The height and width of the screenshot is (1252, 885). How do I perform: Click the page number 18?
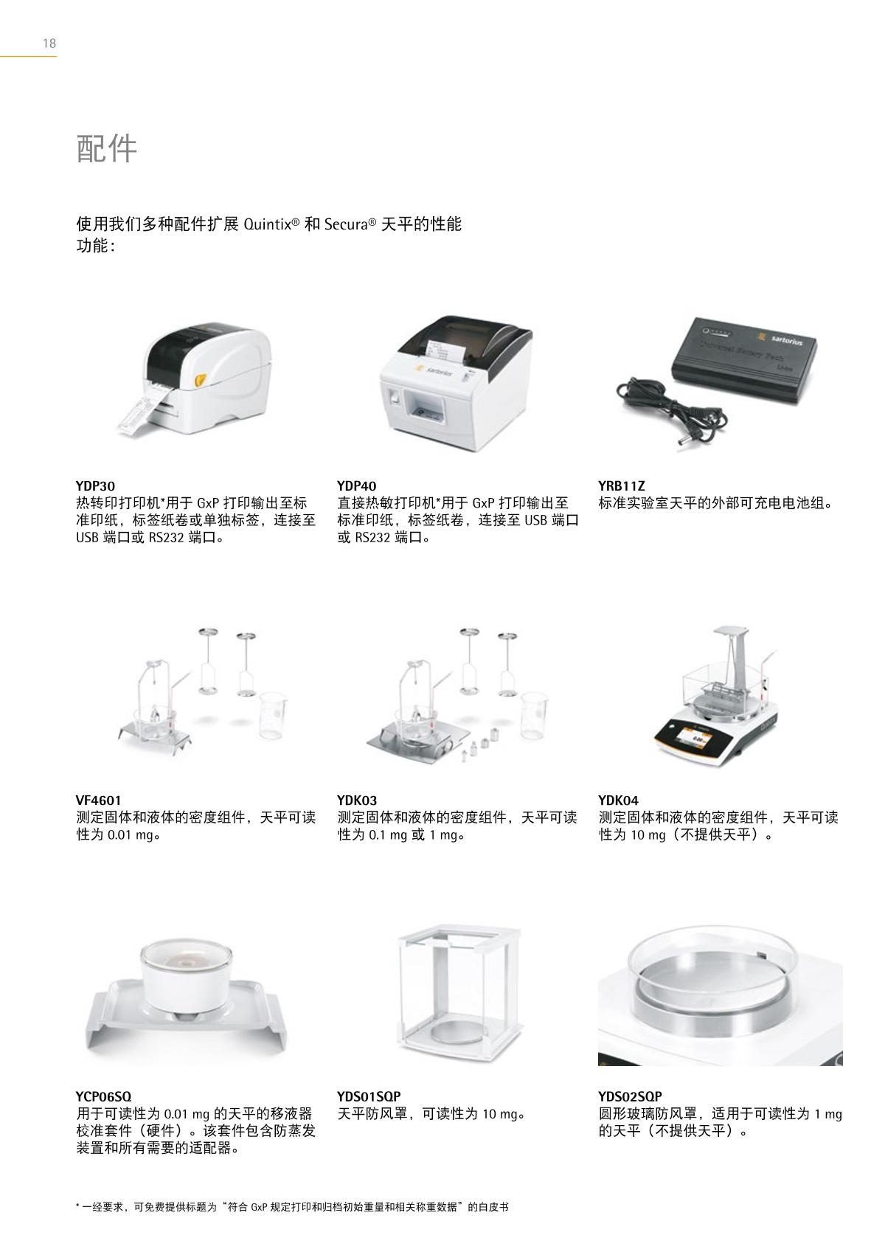tap(49, 44)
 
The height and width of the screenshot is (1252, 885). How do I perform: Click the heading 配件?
tap(107, 149)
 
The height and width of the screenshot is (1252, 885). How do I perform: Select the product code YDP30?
tap(96, 485)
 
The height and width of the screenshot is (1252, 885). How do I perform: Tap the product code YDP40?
tap(356, 485)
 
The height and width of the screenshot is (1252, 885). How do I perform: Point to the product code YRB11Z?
tap(621, 485)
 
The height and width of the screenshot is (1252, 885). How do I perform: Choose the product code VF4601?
tap(98, 800)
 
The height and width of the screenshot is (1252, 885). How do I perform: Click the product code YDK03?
tap(357, 800)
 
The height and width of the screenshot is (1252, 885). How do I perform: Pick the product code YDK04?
tap(619, 800)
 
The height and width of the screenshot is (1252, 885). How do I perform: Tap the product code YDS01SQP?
tap(369, 1096)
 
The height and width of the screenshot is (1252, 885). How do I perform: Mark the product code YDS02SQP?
tap(631, 1096)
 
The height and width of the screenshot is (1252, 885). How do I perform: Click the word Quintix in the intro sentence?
tap(268, 225)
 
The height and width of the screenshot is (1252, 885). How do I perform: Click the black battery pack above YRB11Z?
tap(744, 358)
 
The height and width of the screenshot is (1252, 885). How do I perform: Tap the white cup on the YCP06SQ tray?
tap(186, 975)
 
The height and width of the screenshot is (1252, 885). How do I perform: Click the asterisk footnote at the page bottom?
tap(292, 1207)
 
